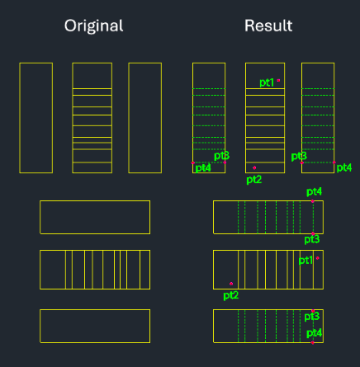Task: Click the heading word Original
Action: pyautogui.click(x=93, y=26)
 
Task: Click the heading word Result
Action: pyautogui.click(x=268, y=26)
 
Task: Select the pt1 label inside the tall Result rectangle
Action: pyautogui.click(x=267, y=82)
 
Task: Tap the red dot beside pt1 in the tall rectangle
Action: pyautogui.click(x=278, y=80)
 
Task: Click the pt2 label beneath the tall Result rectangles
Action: pyautogui.click(x=254, y=180)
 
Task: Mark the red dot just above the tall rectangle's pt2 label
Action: pyautogui.click(x=254, y=167)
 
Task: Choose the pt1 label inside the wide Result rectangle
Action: pyautogui.click(x=306, y=261)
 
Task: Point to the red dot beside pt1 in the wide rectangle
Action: pyautogui.click(x=318, y=258)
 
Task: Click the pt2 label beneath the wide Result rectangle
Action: pyautogui.click(x=231, y=295)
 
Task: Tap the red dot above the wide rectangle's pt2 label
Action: pyautogui.click(x=231, y=284)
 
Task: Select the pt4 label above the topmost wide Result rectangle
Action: pyautogui.click(x=314, y=191)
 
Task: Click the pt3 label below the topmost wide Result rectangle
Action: pyautogui.click(x=312, y=239)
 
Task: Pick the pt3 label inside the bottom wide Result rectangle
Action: pyautogui.click(x=312, y=317)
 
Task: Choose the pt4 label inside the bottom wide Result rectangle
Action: pyautogui.click(x=314, y=333)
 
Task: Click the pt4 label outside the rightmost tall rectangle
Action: pyautogui.click(x=344, y=167)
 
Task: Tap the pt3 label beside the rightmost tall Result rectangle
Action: pyautogui.click(x=299, y=157)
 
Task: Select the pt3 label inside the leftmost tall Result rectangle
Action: pyautogui.click(x=221, y=156)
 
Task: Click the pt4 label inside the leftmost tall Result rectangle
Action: pyautogui.click(x=203, y=167)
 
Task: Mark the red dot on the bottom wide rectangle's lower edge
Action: pyautogui.click(x=313, y=342)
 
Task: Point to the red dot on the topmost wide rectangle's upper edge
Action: pyautogui.click(x=313, y=201)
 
